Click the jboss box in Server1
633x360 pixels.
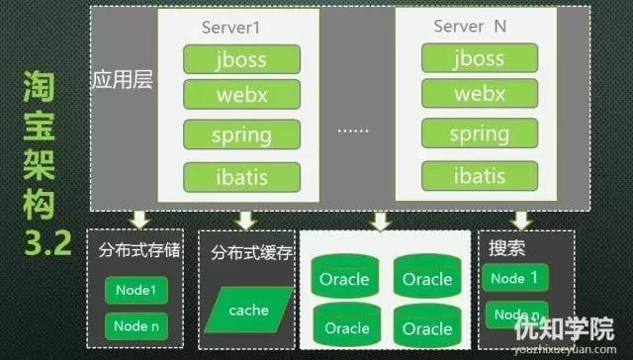pos(240,57)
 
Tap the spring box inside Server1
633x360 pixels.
pos(240,135)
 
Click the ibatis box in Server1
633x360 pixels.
pos(240,177)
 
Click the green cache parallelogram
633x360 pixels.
pos(249,310)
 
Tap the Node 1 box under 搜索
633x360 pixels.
pos(514,278)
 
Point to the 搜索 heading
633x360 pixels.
pos(507,247)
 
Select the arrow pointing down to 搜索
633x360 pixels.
pos(520,220)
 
